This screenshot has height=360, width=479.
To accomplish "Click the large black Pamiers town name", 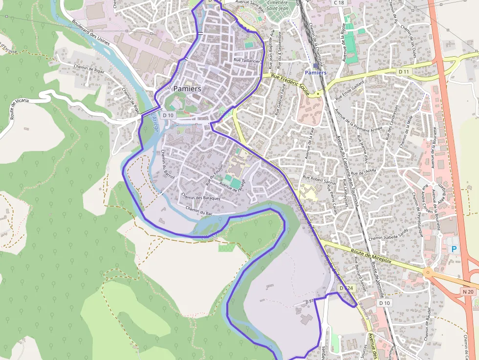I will (187, 89).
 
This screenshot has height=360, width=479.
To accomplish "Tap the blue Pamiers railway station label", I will (315, 73).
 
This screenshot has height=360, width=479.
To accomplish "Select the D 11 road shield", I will (403, 72).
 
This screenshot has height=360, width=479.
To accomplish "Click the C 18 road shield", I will (339, 3).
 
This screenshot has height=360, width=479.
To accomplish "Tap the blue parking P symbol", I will (454, 249).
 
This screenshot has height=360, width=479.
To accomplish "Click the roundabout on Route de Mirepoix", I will (429, 273).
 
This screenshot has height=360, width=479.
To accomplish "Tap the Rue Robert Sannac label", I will (320, 178).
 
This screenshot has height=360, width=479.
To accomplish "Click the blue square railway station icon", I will (315, 65).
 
